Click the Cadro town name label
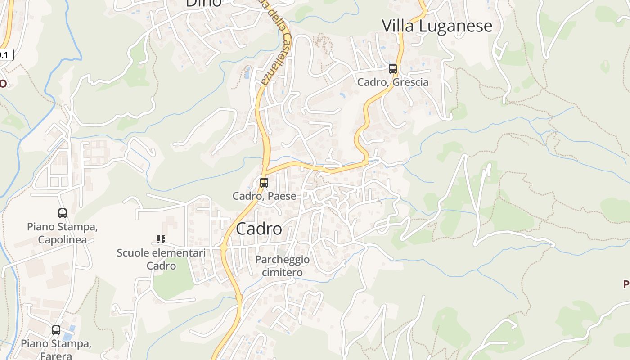pos(259,229)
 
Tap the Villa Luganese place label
pos(437,26)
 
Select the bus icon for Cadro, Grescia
pos(393,69)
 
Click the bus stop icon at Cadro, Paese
pos(264,183)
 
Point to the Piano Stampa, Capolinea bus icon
pos(63,213)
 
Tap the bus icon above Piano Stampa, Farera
pos(56,330)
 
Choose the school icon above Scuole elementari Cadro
pos(161,239)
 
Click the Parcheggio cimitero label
pos(282,265)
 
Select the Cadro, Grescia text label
pos(393,82)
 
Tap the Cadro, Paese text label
pos(264,196)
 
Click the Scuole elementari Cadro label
pos(161,259)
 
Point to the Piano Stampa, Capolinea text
pos(62,233)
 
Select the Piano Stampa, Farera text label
pos(56,350)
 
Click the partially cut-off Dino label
pos(203,3)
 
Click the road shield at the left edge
pos(5,55)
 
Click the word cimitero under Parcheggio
pos(282,272)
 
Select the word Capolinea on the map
pos(62,239)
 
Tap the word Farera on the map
pos(56,356)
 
